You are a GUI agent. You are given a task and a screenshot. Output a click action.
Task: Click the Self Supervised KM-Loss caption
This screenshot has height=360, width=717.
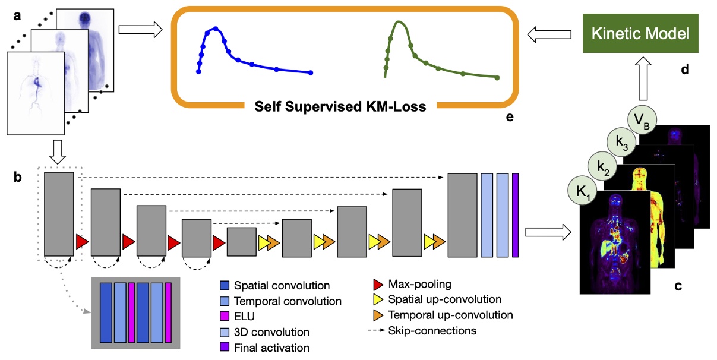(340, 107)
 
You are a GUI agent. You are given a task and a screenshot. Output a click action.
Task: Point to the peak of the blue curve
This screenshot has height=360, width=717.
(216, 28)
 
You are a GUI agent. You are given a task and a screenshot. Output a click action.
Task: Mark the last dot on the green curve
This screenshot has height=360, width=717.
(497, 77)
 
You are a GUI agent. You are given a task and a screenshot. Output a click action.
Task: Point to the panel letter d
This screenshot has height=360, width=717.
(685, 70)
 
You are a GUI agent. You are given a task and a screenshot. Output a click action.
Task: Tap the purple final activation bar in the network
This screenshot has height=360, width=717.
(515, 215)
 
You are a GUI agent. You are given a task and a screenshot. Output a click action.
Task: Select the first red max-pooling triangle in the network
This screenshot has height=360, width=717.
(82, 242)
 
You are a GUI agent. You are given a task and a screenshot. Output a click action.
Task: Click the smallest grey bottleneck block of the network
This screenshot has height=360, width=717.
(241, 242)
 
